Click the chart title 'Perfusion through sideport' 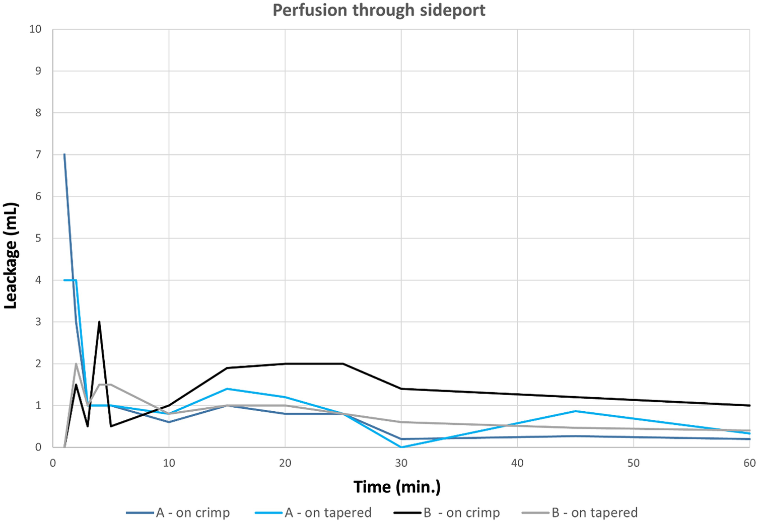tap(379, 11)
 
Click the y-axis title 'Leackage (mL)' tap(11, 255)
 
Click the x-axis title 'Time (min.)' tap(397, 487)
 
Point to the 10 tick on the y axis tap(35, 29)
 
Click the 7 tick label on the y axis tap(38, 155)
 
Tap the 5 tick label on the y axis tap(38, 238)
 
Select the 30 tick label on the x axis tap(401, 463)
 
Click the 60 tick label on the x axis tap(749, 463)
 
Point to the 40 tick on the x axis tap(517, 463)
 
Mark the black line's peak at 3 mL tap(99, 322)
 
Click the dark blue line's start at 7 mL tap(64, 155)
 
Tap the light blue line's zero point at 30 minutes tap(401, 447)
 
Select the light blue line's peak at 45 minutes tap(575, 411)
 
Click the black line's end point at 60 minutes tap(749, 405)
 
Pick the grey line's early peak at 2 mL tap(76, 363)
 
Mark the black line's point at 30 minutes tap(401, 389)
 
